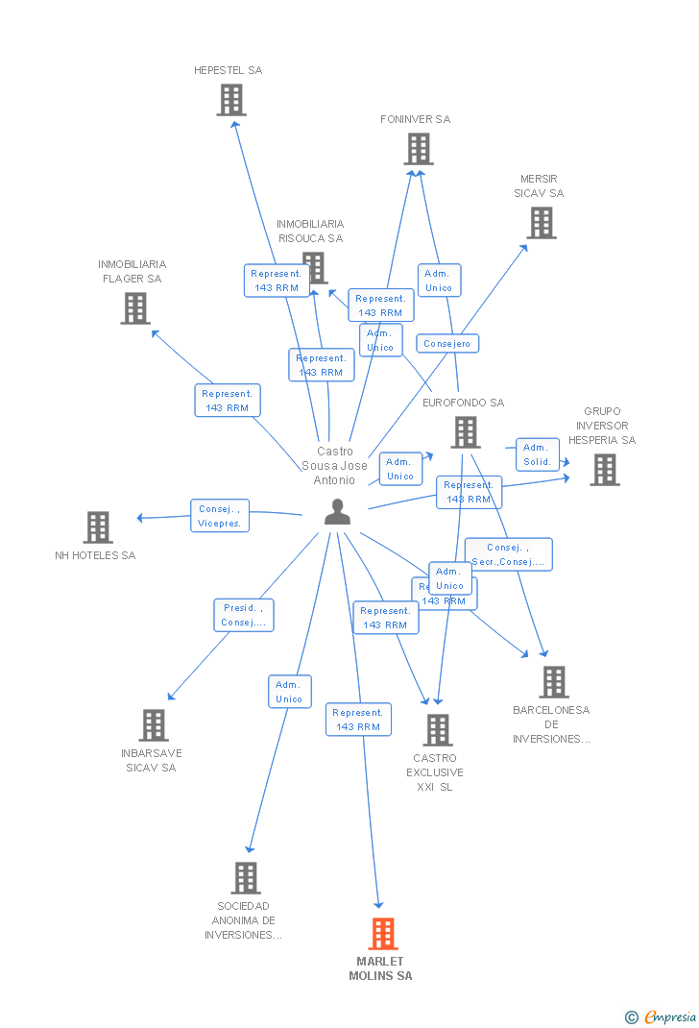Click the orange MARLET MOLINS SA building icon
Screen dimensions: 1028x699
[382, 934]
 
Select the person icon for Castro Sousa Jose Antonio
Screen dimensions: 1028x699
[337, 512]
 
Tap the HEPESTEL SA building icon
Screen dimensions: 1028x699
[230, 100]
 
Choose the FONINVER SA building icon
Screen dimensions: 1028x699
[418, 149]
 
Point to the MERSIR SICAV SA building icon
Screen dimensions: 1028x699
[542, 223]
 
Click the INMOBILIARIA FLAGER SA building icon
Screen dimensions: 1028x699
[135, 308]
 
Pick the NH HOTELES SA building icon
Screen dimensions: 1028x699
[97, 527]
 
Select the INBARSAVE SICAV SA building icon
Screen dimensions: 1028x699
[154, 725]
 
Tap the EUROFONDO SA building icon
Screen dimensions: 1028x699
[465, 432]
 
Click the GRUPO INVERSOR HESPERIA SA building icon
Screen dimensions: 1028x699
[604, 470]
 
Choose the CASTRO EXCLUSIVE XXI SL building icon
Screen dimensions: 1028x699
[438, 730]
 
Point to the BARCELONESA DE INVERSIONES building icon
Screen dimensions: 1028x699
[553, 682]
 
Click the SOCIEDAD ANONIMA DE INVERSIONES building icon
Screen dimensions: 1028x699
[246, 878]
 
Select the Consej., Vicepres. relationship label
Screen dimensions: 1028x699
[220, 516]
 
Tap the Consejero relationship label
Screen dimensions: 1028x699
[447, 343]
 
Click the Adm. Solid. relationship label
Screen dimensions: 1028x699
[537, 454]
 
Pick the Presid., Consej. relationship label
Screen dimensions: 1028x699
[244, 615]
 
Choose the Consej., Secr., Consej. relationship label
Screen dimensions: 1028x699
[509, 554]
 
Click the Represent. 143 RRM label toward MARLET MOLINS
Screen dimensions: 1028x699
[358, 720]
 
